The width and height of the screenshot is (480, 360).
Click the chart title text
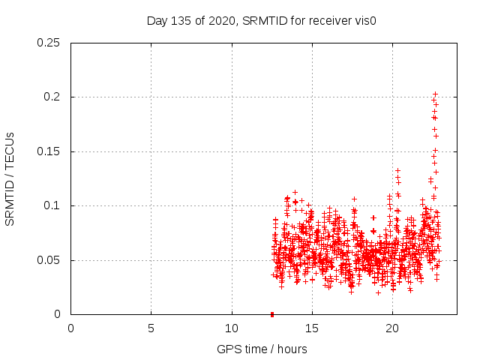point(261,20)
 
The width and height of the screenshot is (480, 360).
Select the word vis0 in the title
point(363,20)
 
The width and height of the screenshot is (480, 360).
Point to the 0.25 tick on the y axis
point(49,43)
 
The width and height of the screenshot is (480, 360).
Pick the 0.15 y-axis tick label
point(49,151)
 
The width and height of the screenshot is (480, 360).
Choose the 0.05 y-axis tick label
point(49,260)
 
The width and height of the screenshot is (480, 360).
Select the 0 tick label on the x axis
point(70,328)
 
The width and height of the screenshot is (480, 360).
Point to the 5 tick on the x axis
point(151,328)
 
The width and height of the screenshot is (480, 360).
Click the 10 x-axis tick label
point(232,328)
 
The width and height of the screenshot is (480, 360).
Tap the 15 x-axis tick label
point(312,328)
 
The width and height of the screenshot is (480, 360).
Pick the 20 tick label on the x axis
point(392,328)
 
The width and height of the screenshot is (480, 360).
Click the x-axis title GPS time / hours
point(262,349)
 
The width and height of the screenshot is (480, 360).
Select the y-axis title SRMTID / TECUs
point(10,178)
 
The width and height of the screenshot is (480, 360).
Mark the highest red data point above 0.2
point(435,94)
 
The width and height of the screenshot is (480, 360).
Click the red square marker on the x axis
point(272,314)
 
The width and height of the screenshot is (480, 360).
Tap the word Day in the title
point(157,20)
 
